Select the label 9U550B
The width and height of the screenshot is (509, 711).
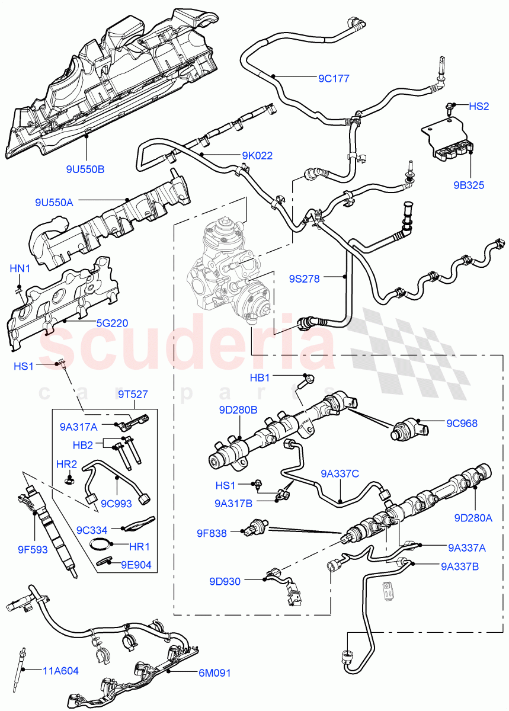click(x=85, y=169)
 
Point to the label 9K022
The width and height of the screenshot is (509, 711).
click(x=257, y=156)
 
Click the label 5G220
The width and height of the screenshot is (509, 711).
click(x=113, y=324)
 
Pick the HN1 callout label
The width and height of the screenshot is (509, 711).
click(x=20, y=268)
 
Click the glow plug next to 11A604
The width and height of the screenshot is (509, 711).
click(x=25, y=658)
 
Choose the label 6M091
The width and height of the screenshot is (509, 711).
click(x=215, y=673)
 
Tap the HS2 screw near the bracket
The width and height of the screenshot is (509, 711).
click(x=451, y=108)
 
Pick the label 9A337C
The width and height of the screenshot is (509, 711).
click(x=340, y=473)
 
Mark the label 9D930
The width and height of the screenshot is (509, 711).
click(x=225, y=581)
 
